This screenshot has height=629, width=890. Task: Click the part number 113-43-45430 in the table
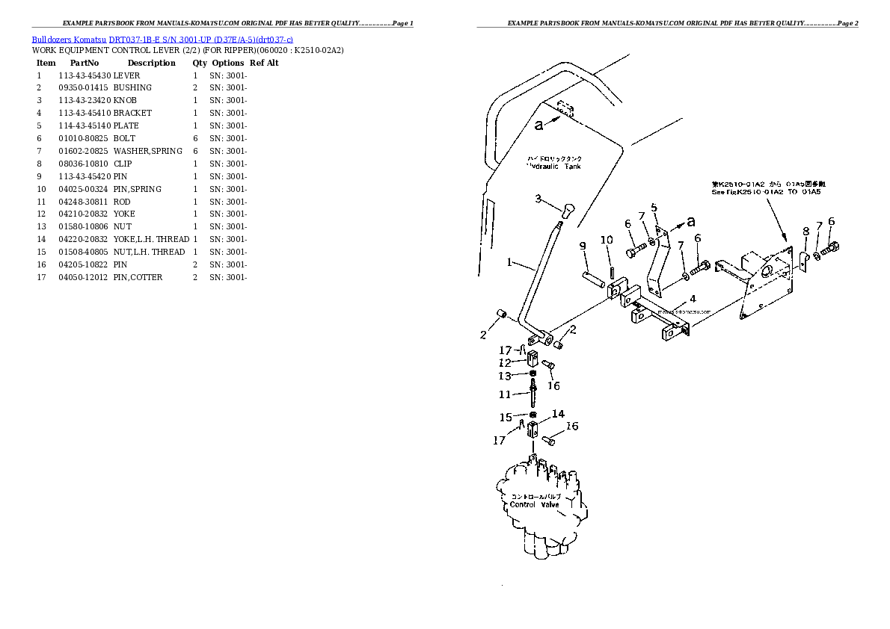point(84,75)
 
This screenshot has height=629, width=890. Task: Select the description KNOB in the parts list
point(125,101)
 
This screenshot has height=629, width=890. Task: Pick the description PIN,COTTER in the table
point(138,278)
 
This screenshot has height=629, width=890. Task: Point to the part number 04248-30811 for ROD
point(84,202)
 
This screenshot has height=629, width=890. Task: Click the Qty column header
point(200,63)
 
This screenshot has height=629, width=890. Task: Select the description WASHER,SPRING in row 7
point(147,151)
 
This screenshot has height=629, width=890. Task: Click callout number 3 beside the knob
point(538,199)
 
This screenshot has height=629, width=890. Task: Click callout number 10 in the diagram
point(607,240)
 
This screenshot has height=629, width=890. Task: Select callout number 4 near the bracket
point(693,299)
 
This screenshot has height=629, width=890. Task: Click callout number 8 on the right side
point(805,232)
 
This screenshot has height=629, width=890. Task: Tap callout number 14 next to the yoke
point(558,414)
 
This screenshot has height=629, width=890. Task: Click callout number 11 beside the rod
point(505,394)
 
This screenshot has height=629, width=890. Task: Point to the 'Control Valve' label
point(534,505)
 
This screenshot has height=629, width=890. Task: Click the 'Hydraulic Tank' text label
point(554,167)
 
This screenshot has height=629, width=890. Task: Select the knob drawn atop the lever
point(567,209)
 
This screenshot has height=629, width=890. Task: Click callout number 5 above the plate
point(653,207)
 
